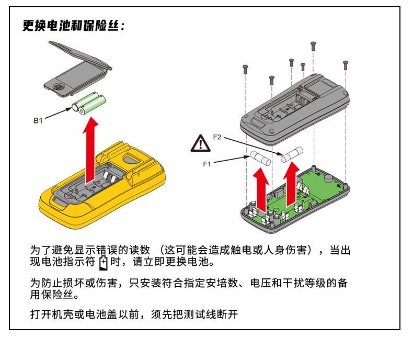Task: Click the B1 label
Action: tap(38, 120)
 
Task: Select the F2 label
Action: tap(217, 137)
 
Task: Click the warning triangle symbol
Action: tap(200, 143)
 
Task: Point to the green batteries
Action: tap(89, 103)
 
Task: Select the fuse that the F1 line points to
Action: tap(260, 158)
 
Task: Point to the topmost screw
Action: tap(313, 46)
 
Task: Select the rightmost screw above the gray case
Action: tap(345, 65)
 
